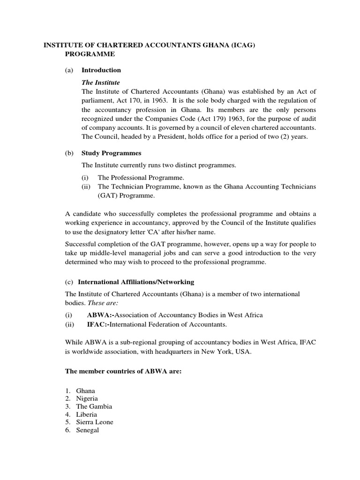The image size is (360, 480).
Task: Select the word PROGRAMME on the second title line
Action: (89, 54)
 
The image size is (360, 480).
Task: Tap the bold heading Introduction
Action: (101, 70)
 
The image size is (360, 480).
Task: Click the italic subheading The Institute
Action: (101, 82)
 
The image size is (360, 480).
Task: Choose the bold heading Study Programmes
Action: (112, 153)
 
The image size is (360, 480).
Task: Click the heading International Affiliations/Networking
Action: (136, 282)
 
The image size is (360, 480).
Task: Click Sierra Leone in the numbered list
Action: (95, 422)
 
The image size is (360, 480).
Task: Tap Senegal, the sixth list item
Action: (88, 430)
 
